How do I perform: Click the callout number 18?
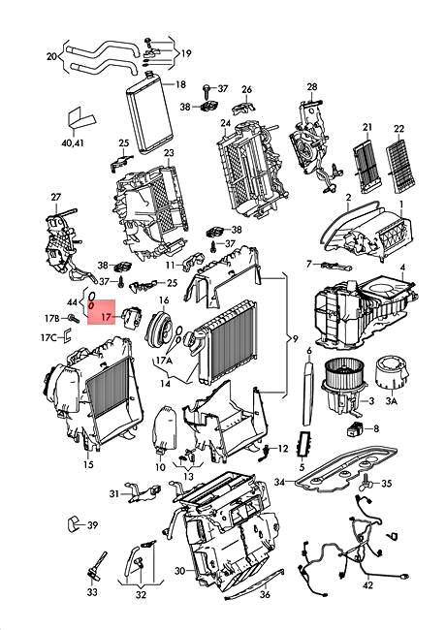[x=180, y=84]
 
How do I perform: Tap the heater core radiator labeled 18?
[x=149, y=111]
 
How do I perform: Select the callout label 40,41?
[x=73, y=142]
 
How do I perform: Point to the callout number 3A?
[x=392, y=400]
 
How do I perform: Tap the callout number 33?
[x=92, y=592]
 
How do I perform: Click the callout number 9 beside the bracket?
[x=296, y=338]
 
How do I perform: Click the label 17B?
[x=51, y=319]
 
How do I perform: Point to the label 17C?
[x=48, y=337]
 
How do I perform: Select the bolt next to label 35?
[x=366, y=481]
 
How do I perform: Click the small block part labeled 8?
[x=355, y=428]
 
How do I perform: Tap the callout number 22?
[x=398, y=129]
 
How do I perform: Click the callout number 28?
[x=312, y=87]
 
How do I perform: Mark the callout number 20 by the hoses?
[x=51, y=56]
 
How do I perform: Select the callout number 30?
[x=179, y=571]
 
